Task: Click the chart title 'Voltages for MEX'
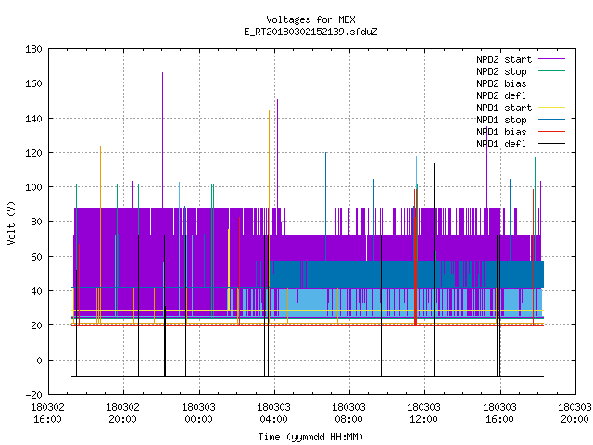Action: click(310, 19)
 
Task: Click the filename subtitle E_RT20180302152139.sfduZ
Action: click(310, 32)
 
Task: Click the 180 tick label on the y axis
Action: click(33, 49)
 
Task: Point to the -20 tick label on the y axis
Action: click(33, 395)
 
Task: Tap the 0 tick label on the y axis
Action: click(39, 361)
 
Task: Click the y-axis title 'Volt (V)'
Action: click(11, 222)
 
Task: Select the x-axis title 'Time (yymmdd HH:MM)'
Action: click(310, 437)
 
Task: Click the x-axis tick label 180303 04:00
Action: click(274, 413)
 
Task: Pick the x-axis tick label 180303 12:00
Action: click(423, 413)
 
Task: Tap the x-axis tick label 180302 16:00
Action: click(47, 413)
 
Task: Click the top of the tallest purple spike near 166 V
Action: click(163, 72)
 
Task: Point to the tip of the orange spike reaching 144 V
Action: click(270, 111)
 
